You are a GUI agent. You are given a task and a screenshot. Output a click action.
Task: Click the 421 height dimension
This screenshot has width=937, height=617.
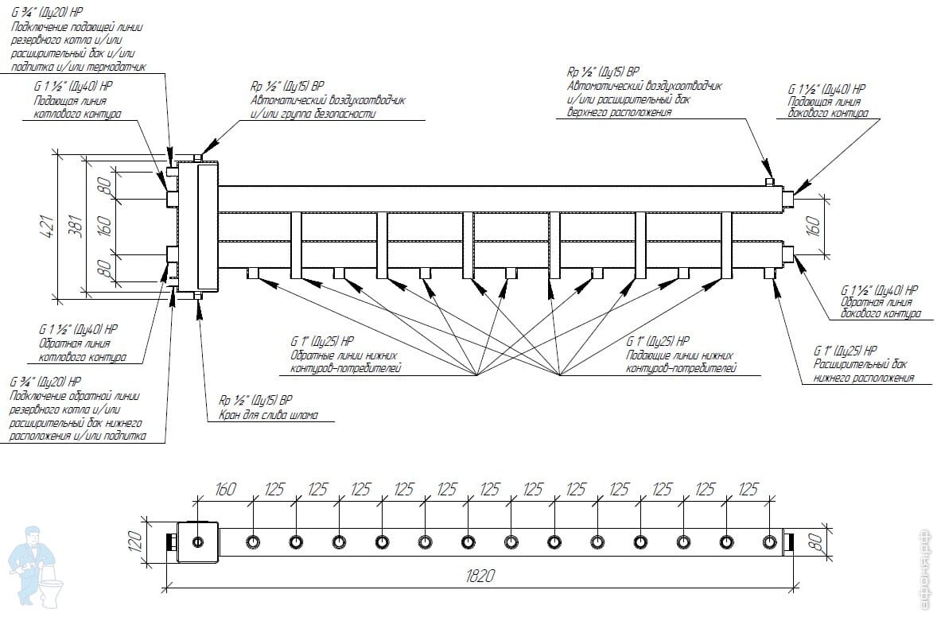[47, 226]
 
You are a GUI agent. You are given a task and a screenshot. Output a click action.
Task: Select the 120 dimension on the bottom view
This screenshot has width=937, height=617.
[135, 542]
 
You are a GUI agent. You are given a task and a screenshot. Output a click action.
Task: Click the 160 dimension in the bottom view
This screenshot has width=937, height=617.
[224, 489]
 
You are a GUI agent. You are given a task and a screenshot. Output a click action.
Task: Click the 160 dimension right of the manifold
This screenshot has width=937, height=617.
[813, 225]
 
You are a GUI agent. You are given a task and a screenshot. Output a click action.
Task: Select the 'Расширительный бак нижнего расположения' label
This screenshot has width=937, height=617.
[861, 371]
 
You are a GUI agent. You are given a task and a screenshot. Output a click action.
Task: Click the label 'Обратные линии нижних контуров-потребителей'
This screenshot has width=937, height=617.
[344, 362]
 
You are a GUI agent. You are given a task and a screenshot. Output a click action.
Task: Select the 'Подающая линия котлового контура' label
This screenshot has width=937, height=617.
[76, 107]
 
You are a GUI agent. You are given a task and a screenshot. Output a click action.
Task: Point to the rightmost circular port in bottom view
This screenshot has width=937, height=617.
[768, 542]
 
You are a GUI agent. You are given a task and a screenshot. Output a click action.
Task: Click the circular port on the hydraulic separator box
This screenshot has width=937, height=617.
[197, 542]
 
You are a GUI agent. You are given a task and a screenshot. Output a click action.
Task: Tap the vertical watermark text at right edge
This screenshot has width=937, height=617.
[924, 568]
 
